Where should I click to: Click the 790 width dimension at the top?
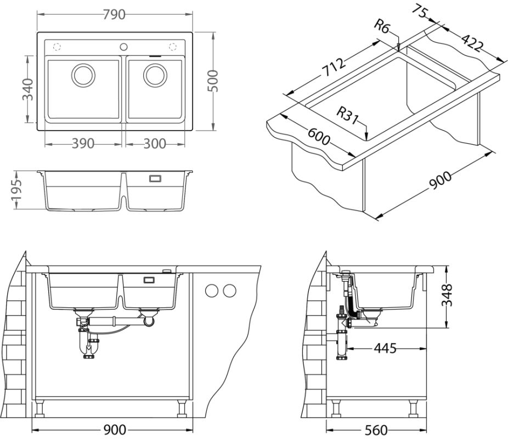[114, 15]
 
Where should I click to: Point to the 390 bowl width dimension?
[83, 144]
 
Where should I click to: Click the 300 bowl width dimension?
[154, 144]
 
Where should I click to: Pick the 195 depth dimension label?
[16, 190]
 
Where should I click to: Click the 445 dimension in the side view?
[385, 348]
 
